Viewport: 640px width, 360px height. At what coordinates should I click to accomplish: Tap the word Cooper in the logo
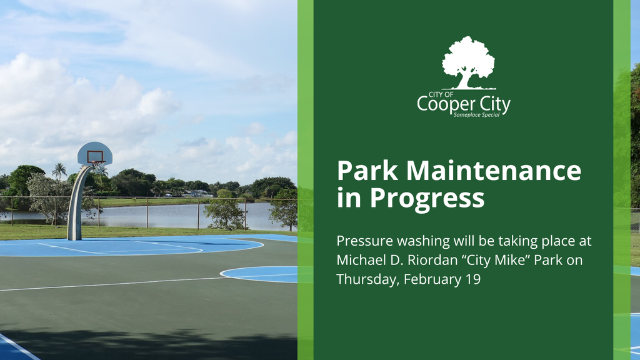coord(442,104)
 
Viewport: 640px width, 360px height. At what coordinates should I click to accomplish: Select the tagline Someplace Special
coord(476,115)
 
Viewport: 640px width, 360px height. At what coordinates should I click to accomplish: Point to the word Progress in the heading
coord(427,198)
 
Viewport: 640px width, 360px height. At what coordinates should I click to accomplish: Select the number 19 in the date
coord(472,279)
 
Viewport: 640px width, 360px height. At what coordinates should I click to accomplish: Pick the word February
coord(432,279)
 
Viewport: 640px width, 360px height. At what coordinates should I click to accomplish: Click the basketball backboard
coord(95,153)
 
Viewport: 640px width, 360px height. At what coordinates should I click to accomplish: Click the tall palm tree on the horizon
coord(59,171)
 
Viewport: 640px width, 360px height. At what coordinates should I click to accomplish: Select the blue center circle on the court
coord(259,274)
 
